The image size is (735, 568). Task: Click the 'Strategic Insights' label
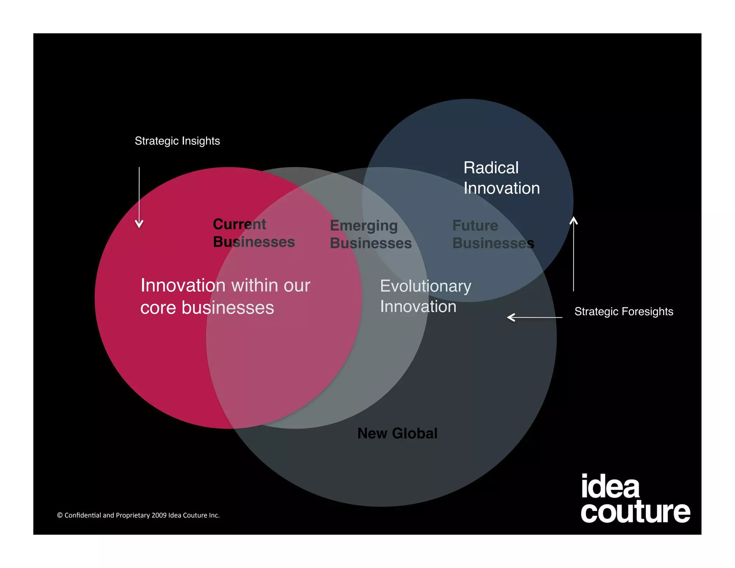tap(177, 141)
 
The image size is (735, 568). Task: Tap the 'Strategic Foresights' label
tap(624, 311)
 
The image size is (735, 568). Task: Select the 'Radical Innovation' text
tap(501, 178)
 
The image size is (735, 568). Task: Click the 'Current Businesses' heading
tap(253, 233)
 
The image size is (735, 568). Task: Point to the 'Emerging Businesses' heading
tap(370, 234)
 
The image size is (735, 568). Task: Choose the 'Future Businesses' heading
tap(493, 234)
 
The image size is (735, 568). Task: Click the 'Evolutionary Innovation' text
tap(426, 296)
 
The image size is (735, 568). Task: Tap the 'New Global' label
tap(397, 433)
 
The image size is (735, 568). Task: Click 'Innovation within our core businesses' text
tap(225, 296)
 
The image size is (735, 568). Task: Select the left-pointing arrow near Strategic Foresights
tap(534, 317)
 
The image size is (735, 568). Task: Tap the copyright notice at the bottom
tap(138, 515)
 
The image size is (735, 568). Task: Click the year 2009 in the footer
tap(159, 515)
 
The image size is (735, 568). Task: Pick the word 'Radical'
tap(491, 168)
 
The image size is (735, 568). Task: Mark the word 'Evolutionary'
tap(426, 287)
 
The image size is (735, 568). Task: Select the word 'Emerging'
tap(364, 226)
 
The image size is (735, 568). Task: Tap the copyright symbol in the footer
tap(60, 515)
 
